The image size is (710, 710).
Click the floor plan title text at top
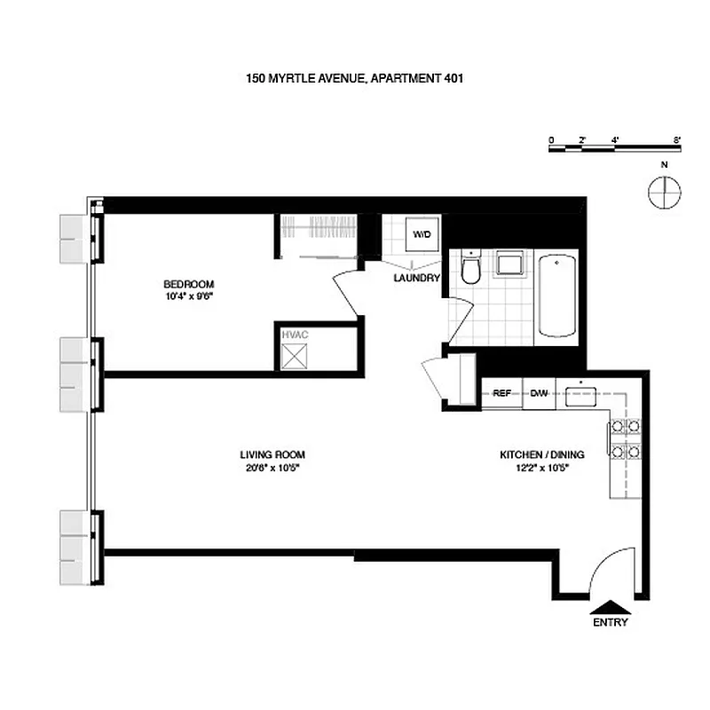355,78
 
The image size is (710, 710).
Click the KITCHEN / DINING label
541,454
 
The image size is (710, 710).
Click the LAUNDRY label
417,278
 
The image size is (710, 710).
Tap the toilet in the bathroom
471,268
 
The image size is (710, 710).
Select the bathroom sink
509,264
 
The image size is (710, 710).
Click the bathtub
557,296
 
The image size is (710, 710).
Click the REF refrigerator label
502,393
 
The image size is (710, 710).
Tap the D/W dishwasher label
539,393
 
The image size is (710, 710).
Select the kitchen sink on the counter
580,394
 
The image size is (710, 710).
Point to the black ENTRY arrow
610,607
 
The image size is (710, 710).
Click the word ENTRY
610,622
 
